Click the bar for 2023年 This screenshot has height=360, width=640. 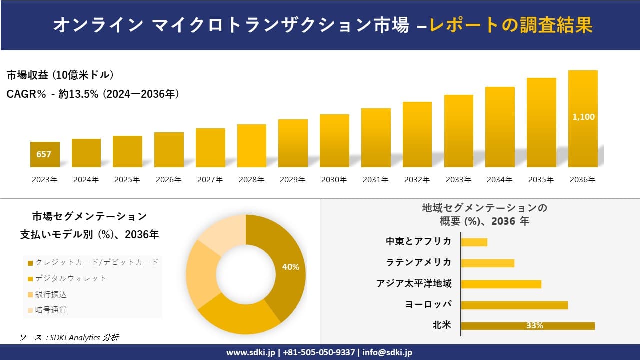coord(45,155)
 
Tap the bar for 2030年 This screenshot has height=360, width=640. coord(334,141)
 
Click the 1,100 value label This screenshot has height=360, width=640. coord(583,117)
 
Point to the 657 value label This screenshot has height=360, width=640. coord(44,154)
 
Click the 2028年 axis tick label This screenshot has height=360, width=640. coord(251,180)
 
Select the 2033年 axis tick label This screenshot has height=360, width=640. coord(458,180)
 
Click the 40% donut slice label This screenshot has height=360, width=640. coord(290,267)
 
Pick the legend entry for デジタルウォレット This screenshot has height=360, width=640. coord(70,278)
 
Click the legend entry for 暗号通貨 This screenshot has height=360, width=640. coord(50,310)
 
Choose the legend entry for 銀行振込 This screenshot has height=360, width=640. coord(50,294)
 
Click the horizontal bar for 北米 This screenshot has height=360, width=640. coord(528,326)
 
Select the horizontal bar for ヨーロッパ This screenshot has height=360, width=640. coord(514,305)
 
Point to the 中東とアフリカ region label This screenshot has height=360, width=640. coord(418,241)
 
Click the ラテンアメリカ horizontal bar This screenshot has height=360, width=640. coord(487,263)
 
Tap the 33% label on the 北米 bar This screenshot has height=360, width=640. coord(534,326)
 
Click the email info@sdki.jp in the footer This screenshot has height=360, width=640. coord(387,352)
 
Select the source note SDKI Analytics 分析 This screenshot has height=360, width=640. coord(70,338)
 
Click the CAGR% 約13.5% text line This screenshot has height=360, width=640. coord(93,94)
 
